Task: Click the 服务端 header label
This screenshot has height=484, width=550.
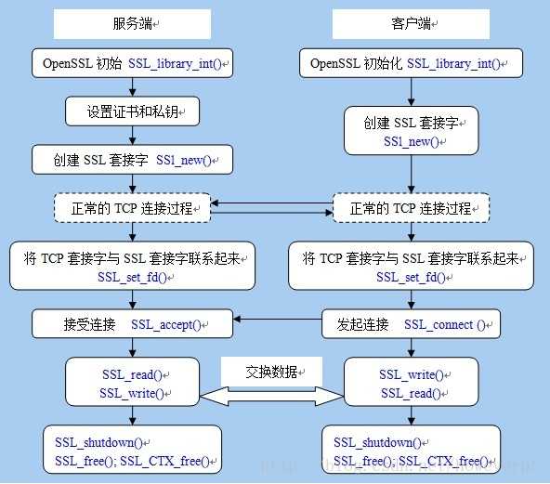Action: point(132,22)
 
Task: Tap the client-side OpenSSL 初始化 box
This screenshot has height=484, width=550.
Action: point(410,63)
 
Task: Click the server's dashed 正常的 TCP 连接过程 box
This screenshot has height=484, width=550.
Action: point(132,208)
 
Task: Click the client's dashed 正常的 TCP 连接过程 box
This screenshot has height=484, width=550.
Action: point(412,208)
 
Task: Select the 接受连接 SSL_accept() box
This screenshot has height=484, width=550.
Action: point(132,324)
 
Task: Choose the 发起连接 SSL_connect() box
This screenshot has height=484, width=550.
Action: point(412,324)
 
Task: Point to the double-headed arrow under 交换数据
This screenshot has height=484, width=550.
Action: point(271,396)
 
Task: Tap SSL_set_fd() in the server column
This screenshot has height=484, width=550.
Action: point(132,277)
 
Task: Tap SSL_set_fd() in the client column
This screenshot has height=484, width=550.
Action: point(412,277)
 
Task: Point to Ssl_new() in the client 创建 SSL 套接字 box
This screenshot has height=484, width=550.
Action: point(412,142)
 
